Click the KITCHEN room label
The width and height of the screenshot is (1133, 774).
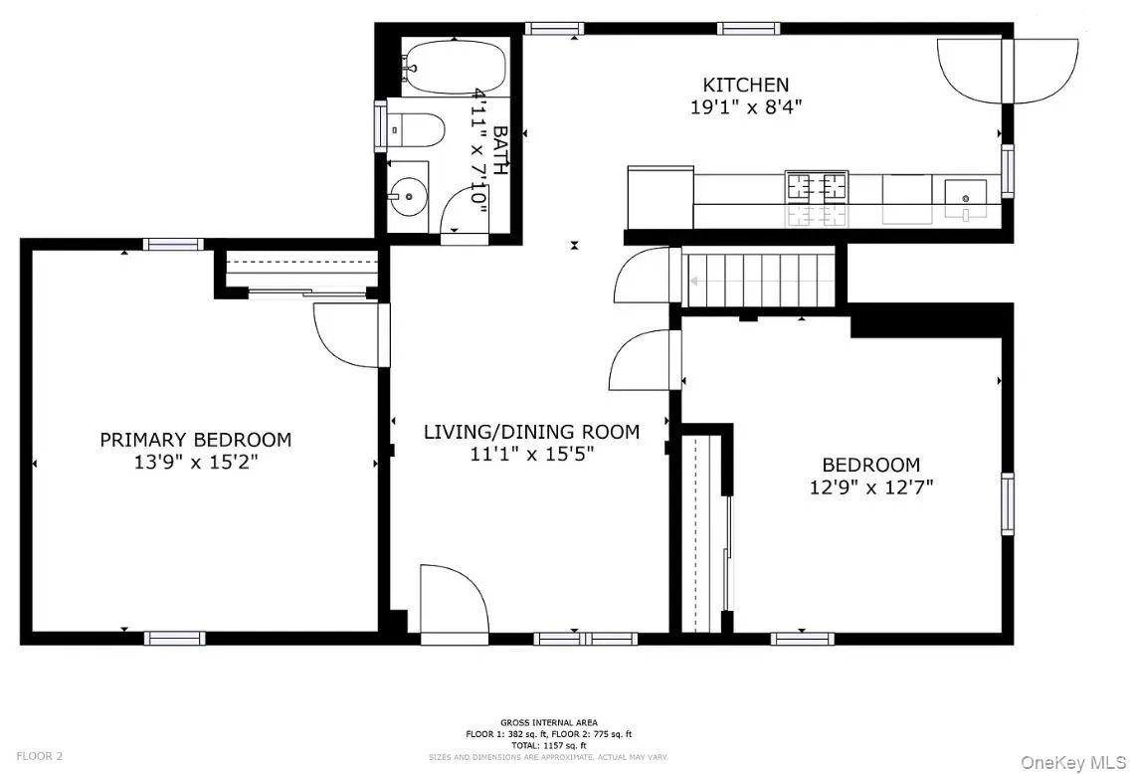pos(745,86)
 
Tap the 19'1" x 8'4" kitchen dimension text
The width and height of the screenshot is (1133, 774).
pos(745,107)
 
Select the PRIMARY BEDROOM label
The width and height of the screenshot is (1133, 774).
pos(195,440)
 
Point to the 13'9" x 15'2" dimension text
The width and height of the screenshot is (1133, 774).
pos(195,462)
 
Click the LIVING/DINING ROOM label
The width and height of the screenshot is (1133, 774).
pos(531,432)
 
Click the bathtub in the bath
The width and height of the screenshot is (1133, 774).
pos(455,68)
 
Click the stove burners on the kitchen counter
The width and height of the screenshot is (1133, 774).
pos(817,185)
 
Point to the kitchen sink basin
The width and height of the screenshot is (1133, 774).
pos(964,191)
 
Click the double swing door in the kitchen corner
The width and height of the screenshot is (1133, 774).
pos(1007,70)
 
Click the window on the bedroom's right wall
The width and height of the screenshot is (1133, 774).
pos(1007,504)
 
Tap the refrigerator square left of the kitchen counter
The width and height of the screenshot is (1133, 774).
pos(659,197)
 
